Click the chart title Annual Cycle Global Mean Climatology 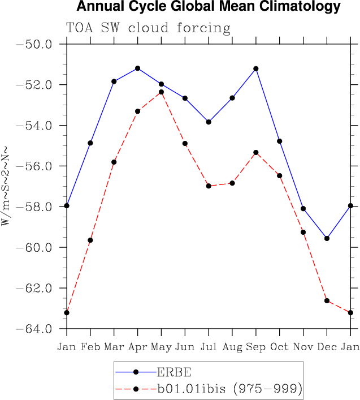coord(209,7)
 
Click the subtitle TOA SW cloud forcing coord(149,28)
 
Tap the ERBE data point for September coord(256,68)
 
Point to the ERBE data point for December coord(327,238)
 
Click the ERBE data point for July coord(209,122)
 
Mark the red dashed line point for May coord(161,92)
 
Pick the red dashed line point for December coord(327,300)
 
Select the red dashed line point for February coord(90,240)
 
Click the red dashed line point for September coord(256,152)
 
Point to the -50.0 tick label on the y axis coord(35,44)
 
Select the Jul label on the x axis coord(209,346)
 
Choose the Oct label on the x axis coord(279,346)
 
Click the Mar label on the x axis coord(114,346)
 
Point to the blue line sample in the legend coord(136,372)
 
